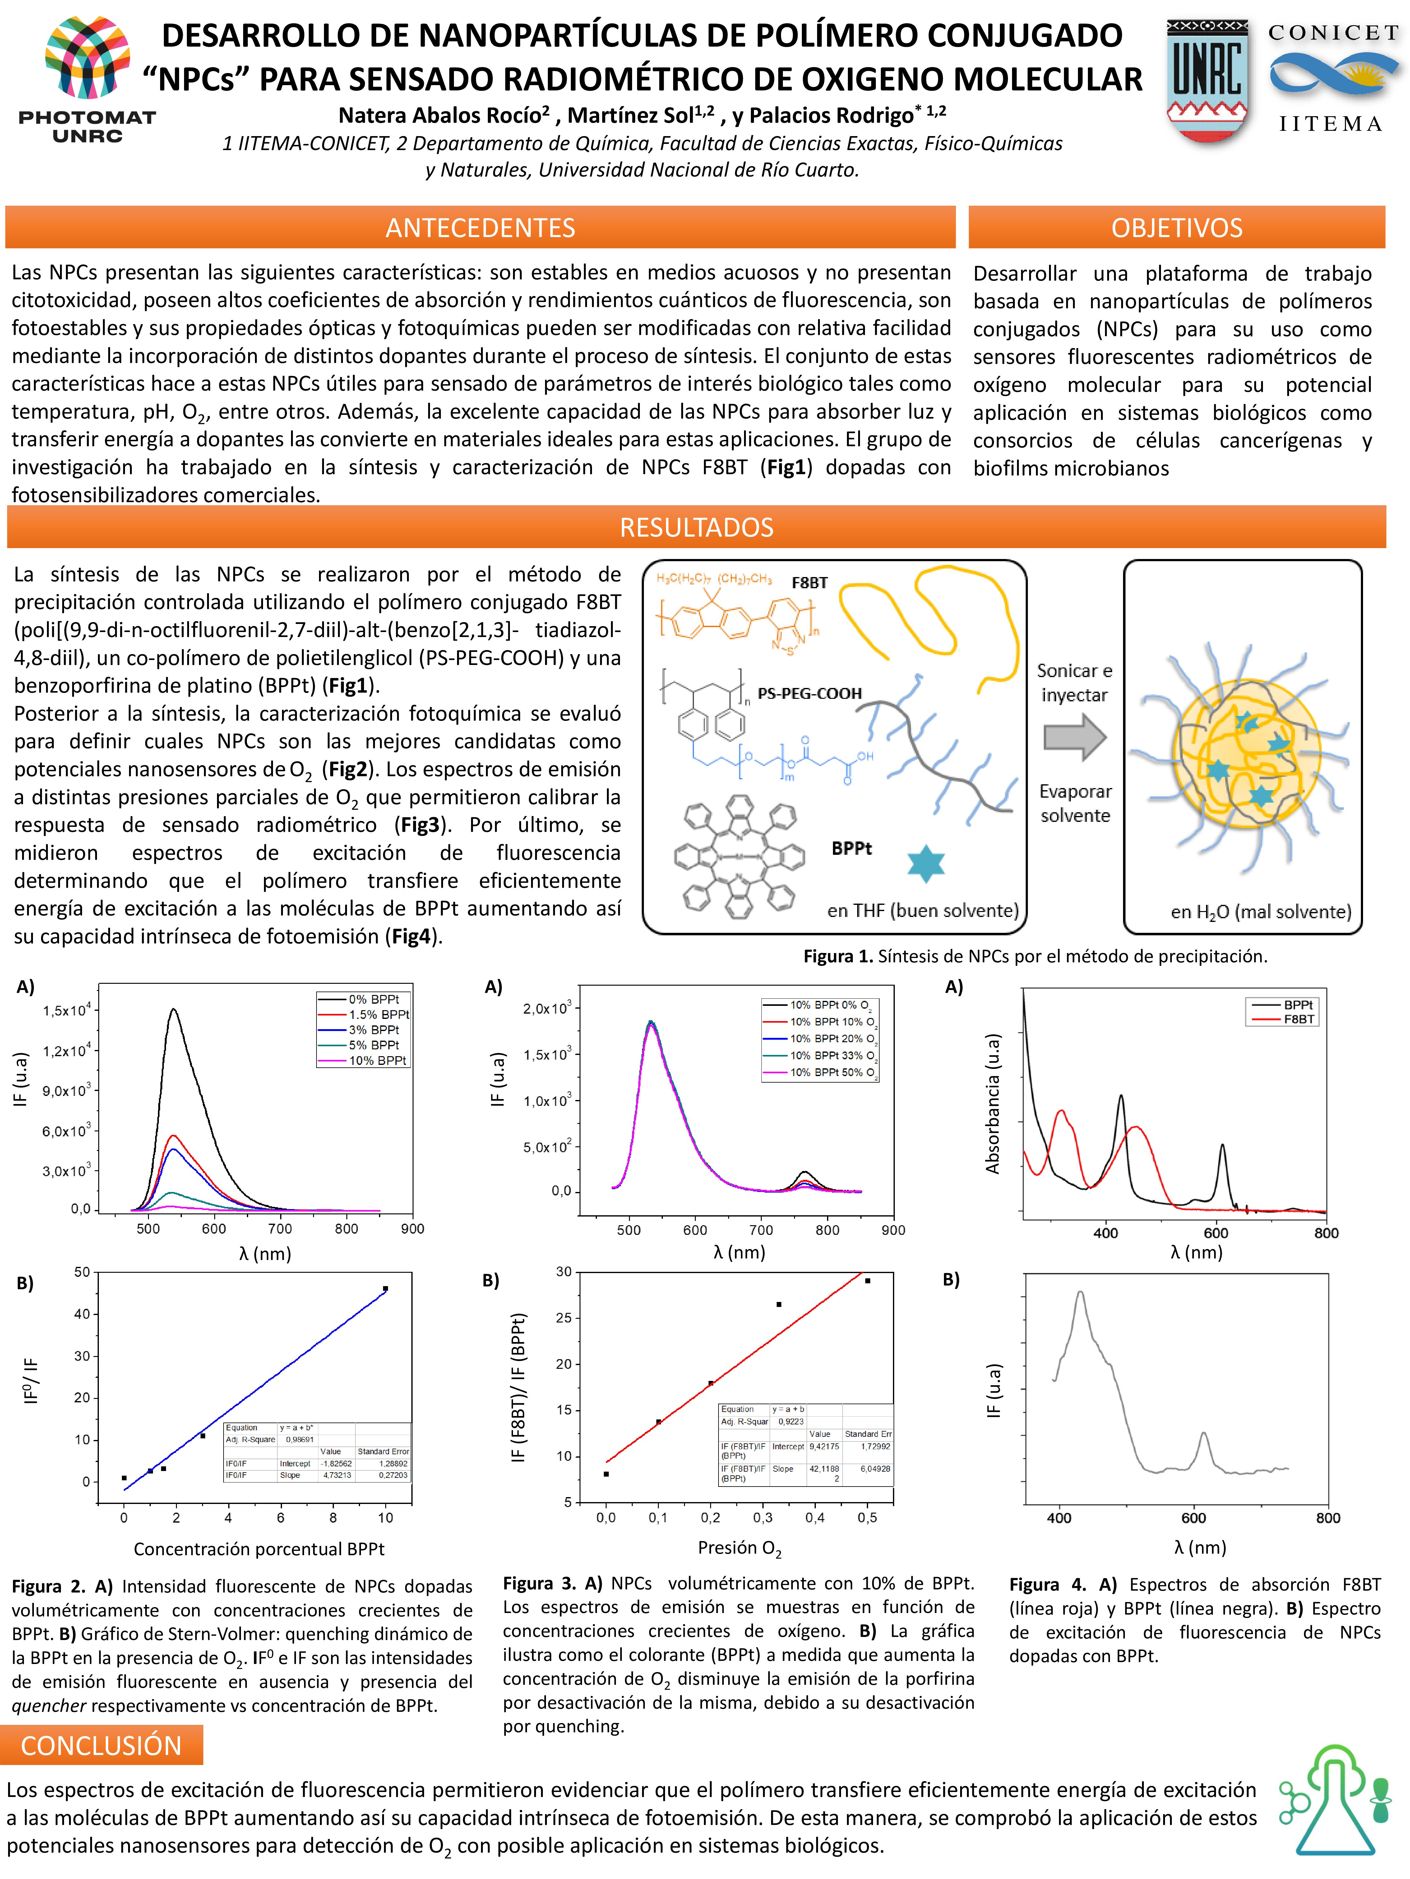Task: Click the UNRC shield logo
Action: coord(1207,81)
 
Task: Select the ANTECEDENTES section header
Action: coord(480,228)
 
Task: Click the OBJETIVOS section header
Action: coord(1176,228)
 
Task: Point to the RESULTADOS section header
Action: coord(696,528)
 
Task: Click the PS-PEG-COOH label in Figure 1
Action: coord(809,693)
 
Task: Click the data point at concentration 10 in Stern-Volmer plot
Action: coord(385,1289)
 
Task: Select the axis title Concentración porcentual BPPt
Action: coord(258,1549)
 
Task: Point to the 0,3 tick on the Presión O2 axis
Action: coord(762,1517)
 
